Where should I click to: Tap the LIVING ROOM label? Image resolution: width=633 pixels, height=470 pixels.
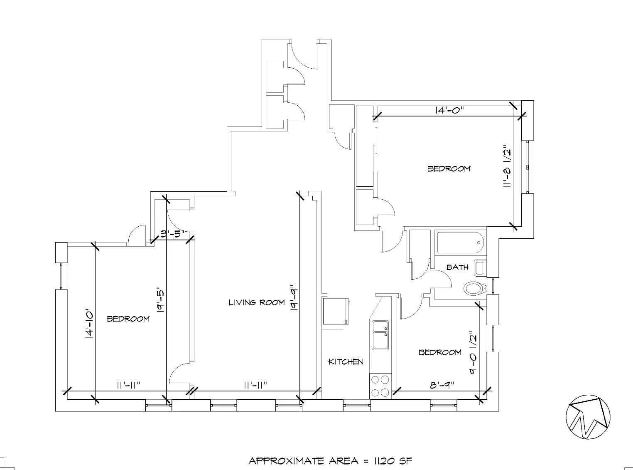pos(256,302)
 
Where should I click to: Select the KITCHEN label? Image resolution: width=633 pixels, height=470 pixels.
pos(346,361)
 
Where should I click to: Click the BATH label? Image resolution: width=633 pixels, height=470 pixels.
pos(457,267)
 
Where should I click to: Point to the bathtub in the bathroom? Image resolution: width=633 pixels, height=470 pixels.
pos(460,242)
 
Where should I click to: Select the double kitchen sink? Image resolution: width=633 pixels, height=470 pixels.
pos(380,335)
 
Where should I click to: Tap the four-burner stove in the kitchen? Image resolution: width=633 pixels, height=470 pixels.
pos(380,386)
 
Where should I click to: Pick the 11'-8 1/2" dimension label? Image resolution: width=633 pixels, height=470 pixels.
pos(506,166)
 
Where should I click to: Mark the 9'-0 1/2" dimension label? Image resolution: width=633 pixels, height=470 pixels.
pos(473,352)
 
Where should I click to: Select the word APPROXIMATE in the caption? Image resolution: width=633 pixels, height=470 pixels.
pos(286,461)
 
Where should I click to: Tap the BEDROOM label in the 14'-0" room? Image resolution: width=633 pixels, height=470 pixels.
pos(449,168)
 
